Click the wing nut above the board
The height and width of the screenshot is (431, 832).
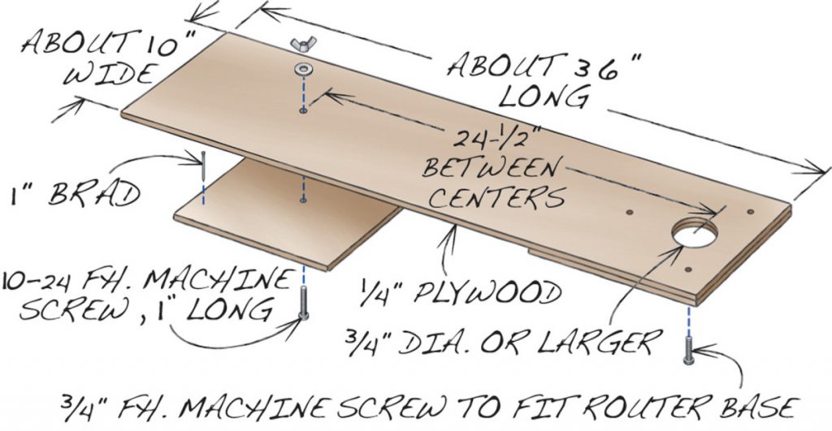click(x=303, y=45)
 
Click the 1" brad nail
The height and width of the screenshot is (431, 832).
click(x=203, y=166)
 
